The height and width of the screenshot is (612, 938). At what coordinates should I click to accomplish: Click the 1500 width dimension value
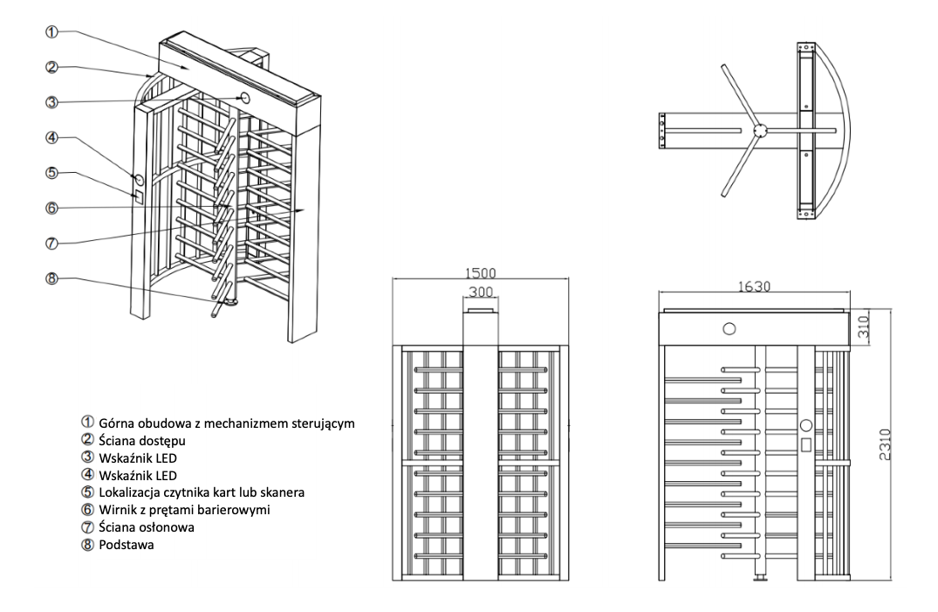(x=481, y=273)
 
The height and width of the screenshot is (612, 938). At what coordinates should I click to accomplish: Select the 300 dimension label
(x=481, y=292)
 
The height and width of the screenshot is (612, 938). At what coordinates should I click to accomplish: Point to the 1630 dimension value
(x=754, y=287)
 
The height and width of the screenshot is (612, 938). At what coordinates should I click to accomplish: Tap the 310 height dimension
(x=863, y=327)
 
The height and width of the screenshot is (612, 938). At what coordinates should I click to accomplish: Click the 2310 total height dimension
(x=885, y=444)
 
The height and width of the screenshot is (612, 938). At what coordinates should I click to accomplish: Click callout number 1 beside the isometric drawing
(x=52, y=32)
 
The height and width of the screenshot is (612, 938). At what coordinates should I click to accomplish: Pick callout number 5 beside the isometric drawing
(x=52, y=173)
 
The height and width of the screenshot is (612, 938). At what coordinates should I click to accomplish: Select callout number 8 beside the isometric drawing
(x=52, y=278)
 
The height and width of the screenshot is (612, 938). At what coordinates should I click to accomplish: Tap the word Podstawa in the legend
(x=127, y=545)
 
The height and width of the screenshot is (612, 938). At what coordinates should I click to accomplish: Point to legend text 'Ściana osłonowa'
(x=147, y=527)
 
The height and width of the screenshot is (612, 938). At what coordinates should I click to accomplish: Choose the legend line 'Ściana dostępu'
(x=142, y=441)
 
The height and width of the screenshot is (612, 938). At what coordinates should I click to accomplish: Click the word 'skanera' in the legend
(x=283, y=492)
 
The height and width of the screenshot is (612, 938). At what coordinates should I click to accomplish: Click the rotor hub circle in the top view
(x=760, y=130)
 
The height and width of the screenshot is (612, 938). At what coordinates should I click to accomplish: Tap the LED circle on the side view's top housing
(x=729, y=329)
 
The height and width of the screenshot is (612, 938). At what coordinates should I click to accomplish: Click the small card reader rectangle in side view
(x=806, y=444)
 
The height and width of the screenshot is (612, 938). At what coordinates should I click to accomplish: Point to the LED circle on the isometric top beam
(x=244, y=97)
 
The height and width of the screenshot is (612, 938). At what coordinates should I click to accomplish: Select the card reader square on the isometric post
(x=138, y=196)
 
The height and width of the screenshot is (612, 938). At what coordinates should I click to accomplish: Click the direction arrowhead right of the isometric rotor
(x=302, y=210)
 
